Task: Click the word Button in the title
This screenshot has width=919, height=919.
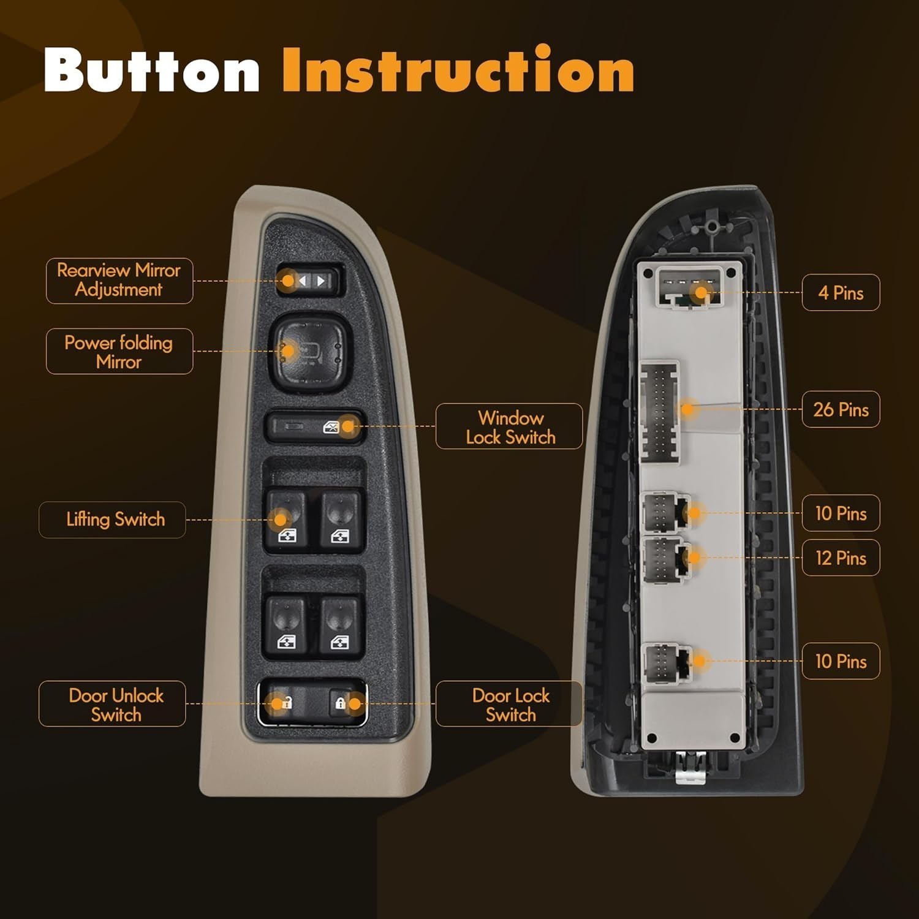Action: (152, 70)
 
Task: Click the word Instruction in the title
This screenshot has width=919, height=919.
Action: (458, 70)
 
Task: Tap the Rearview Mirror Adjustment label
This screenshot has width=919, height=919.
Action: (119, 281)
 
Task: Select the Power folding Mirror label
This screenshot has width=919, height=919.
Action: (119, 352)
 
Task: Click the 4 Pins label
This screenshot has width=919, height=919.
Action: (841, 292)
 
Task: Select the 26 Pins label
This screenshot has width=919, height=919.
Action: (841, 409)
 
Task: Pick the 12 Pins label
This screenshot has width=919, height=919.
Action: (841, 558)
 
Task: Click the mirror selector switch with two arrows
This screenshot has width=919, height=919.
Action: (309, 281)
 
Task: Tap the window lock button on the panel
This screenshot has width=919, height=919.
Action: (315, 426)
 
